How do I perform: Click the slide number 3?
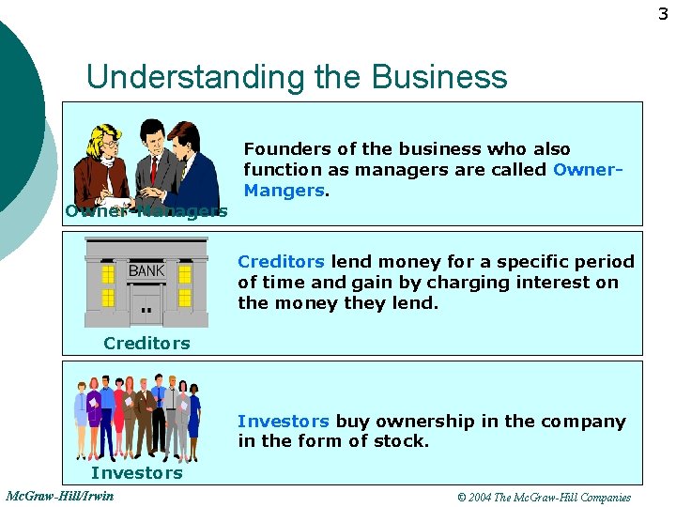[663, 14]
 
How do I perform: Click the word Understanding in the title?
[196, 76]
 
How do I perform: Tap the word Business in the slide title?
[440, 76]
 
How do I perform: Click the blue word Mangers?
[284, 191]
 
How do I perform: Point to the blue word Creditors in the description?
[281, 262]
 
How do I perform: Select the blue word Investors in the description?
[283, 422]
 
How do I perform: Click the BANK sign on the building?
[146, 271]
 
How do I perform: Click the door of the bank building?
[146, 305]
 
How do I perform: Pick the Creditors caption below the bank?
[146, 344]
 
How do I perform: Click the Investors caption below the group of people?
[137, 473]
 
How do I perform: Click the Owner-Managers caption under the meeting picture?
[146, 211]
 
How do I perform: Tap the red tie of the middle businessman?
[153, 169]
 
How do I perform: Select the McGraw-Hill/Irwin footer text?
[59, 496]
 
